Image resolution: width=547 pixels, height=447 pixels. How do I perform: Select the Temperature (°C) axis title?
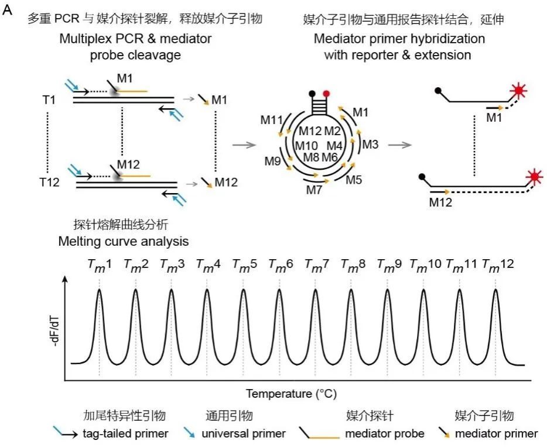pyautogui.click(x=291, y=393)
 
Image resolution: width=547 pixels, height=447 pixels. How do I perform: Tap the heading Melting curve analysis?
pyautogui.click(x=124, y=240)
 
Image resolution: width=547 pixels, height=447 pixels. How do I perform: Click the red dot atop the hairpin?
pyautogui.click(x=326, y=93)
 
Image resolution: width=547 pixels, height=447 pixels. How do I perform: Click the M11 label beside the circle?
pyautogui.click(x=272, y=120)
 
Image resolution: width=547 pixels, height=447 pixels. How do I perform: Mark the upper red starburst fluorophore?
pyautogui.click(x=518, y=92)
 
